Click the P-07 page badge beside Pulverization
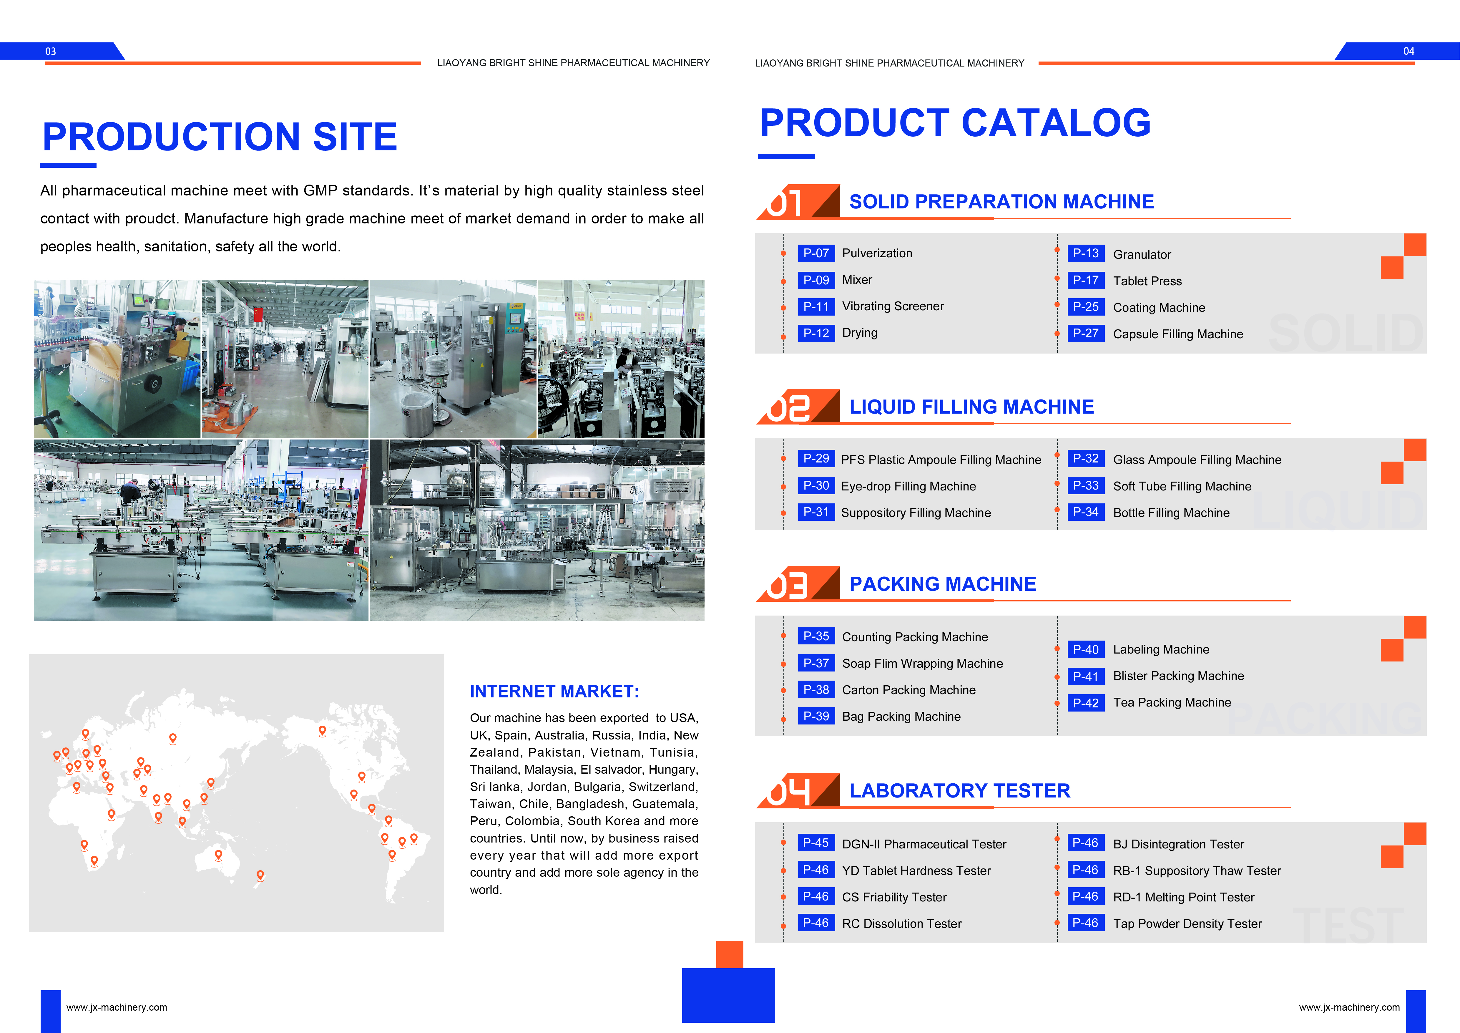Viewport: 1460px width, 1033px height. point(816,253)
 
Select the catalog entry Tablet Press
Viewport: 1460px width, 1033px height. point(1147,281)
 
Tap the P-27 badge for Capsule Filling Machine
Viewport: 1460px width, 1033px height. point(1085,333)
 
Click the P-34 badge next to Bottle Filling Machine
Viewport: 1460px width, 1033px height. point(1085,512)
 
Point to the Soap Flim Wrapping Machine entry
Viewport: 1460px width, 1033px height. point(922,664)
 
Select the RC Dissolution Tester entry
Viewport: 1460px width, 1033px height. point(902,923)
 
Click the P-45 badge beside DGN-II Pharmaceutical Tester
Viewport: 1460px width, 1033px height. point(816,843)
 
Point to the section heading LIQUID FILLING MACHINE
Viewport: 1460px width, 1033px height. point(972,407)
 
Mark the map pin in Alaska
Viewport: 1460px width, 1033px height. point(322,731)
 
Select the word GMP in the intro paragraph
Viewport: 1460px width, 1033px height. point(320,191)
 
